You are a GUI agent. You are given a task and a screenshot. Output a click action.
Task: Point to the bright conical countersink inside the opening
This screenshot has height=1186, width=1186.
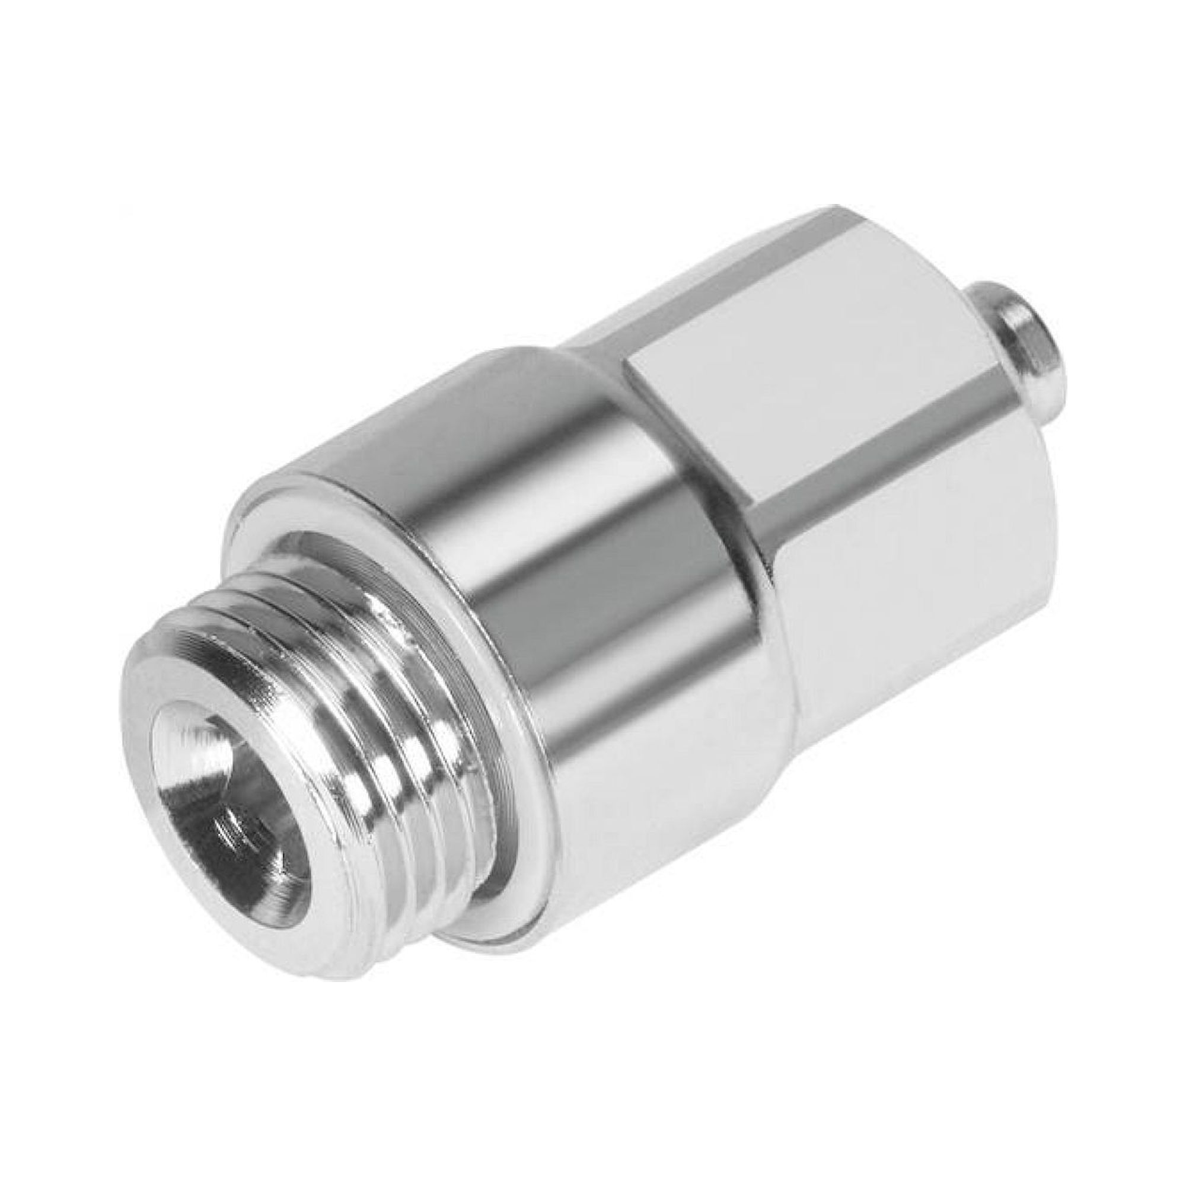[203, 798]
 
